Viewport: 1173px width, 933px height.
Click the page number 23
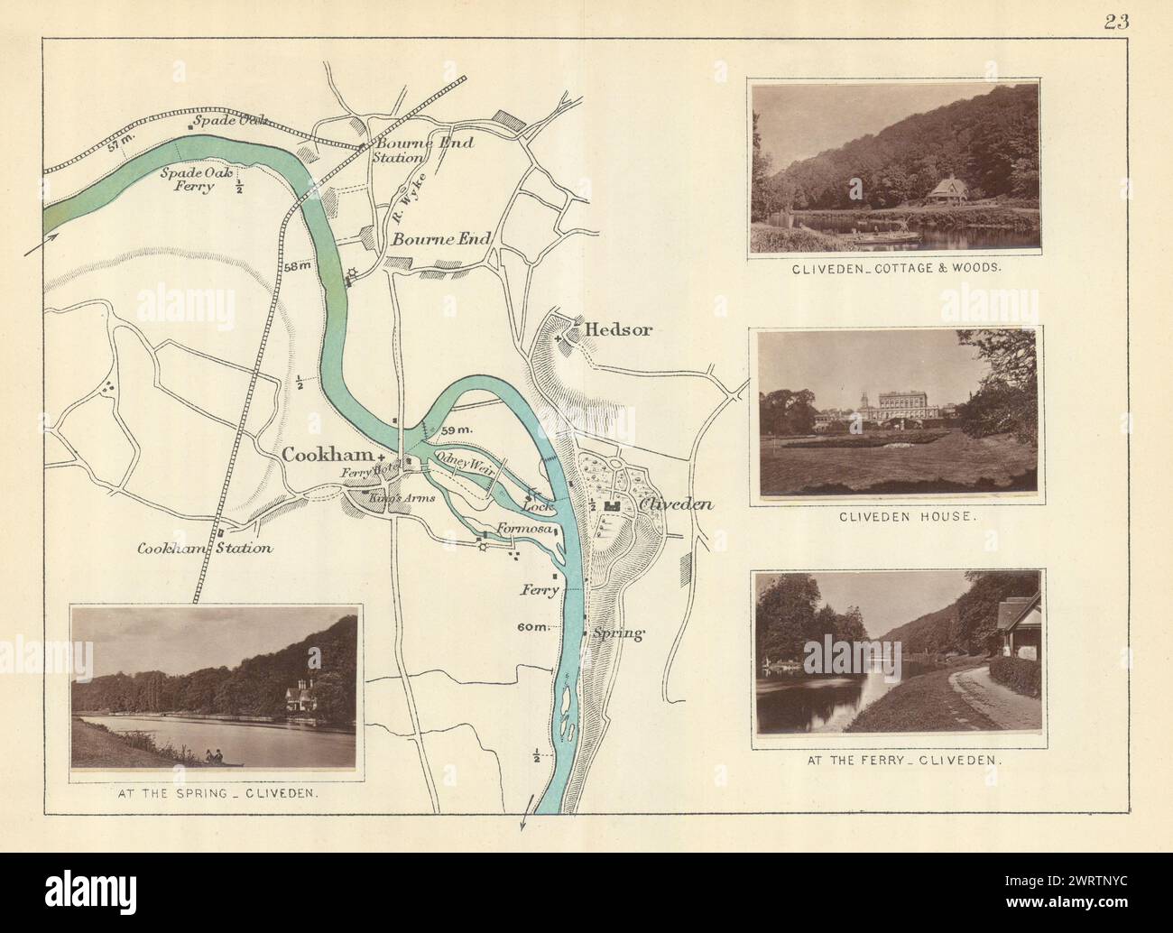coord(1115,23)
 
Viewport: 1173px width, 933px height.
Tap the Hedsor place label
coord(618,330)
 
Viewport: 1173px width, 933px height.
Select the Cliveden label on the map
coord(676,504)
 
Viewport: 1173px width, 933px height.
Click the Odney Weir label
coord(463,461)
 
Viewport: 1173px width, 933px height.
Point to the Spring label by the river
coord(619,633)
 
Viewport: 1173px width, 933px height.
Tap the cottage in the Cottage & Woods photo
coord(952,192)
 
